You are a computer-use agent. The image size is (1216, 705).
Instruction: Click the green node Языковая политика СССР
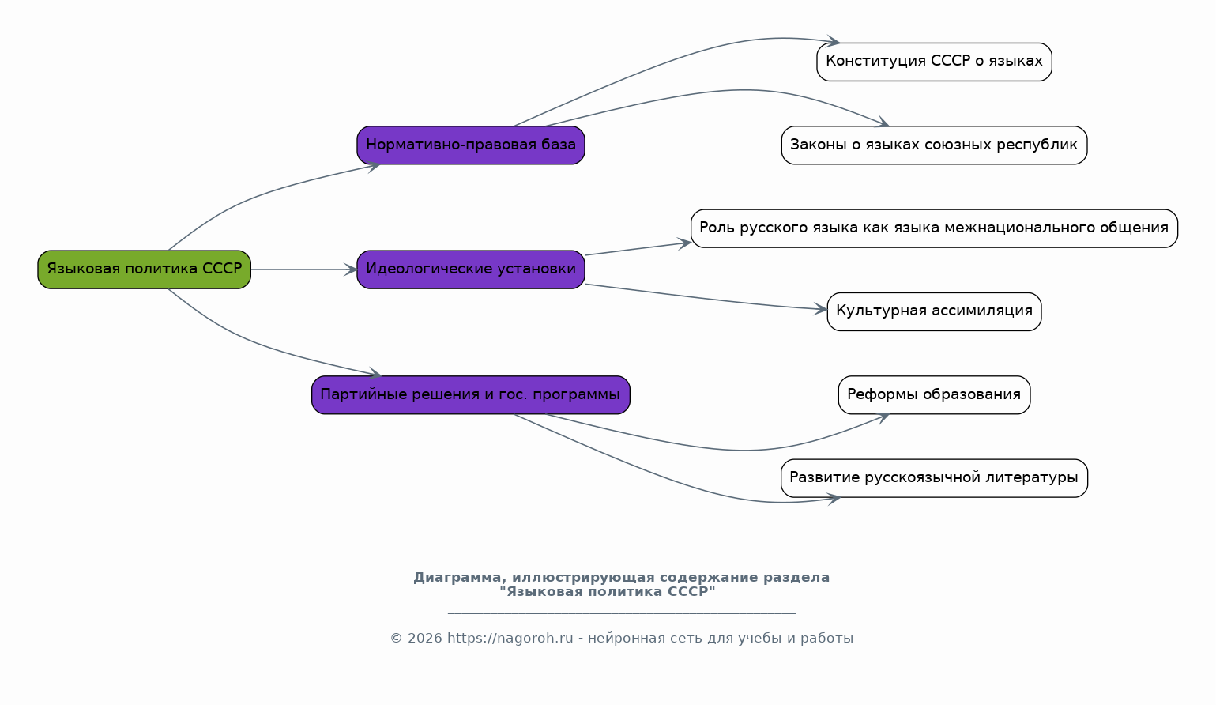144,270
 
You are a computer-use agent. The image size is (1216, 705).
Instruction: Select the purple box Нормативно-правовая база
471,145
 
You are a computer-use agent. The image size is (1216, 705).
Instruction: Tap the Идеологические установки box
471,270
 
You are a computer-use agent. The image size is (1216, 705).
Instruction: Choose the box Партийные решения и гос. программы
471,395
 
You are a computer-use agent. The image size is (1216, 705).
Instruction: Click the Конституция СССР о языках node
934,62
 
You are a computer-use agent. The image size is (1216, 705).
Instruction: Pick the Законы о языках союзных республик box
934,145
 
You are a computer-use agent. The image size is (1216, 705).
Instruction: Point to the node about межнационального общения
934,228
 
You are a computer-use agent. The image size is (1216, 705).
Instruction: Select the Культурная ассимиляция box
934,311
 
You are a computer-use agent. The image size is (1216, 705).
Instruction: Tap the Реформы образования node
934,395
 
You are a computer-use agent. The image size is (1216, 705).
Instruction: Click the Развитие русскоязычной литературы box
934,478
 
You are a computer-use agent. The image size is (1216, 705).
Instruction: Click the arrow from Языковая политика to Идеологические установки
304,270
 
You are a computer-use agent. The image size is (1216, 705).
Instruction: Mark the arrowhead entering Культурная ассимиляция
820,309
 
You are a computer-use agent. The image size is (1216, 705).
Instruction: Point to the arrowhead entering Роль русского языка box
684,243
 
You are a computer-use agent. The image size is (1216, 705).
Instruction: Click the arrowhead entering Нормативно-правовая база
374,166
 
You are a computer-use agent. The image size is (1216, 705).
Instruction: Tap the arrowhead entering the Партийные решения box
375,373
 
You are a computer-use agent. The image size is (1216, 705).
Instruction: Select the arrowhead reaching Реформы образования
882,417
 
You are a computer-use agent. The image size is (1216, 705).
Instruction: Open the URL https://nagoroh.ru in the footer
510,638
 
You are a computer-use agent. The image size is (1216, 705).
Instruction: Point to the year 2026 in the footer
424,638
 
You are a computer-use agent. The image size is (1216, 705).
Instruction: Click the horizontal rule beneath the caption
622,613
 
